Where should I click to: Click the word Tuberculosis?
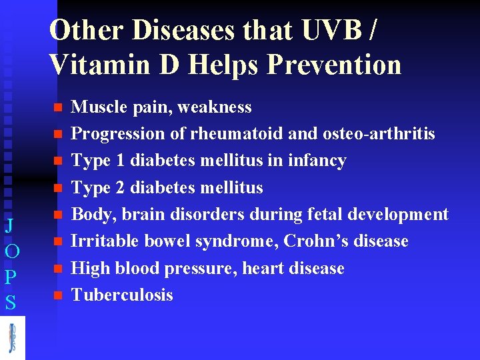tap(122, 295)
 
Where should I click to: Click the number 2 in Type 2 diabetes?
tap(121, 187)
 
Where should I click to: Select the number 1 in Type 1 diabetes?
tap(121, 161)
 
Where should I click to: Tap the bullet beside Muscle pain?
tap(57, 107)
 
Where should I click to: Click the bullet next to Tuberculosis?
tap(57, 295)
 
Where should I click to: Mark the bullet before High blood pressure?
tap(57, 269)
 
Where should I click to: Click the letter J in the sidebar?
tap(10, 225)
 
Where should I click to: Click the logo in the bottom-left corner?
tap(12, 337)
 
